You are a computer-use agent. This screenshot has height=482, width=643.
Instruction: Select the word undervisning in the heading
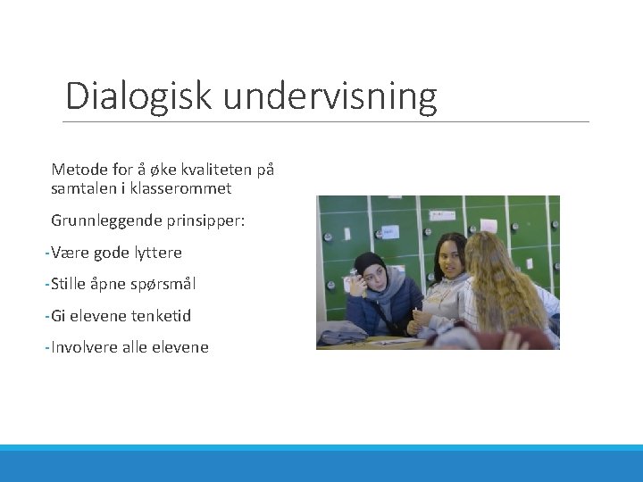330,96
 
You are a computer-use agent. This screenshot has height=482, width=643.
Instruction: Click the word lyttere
157,253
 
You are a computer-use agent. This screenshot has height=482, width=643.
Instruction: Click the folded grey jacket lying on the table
344,336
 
